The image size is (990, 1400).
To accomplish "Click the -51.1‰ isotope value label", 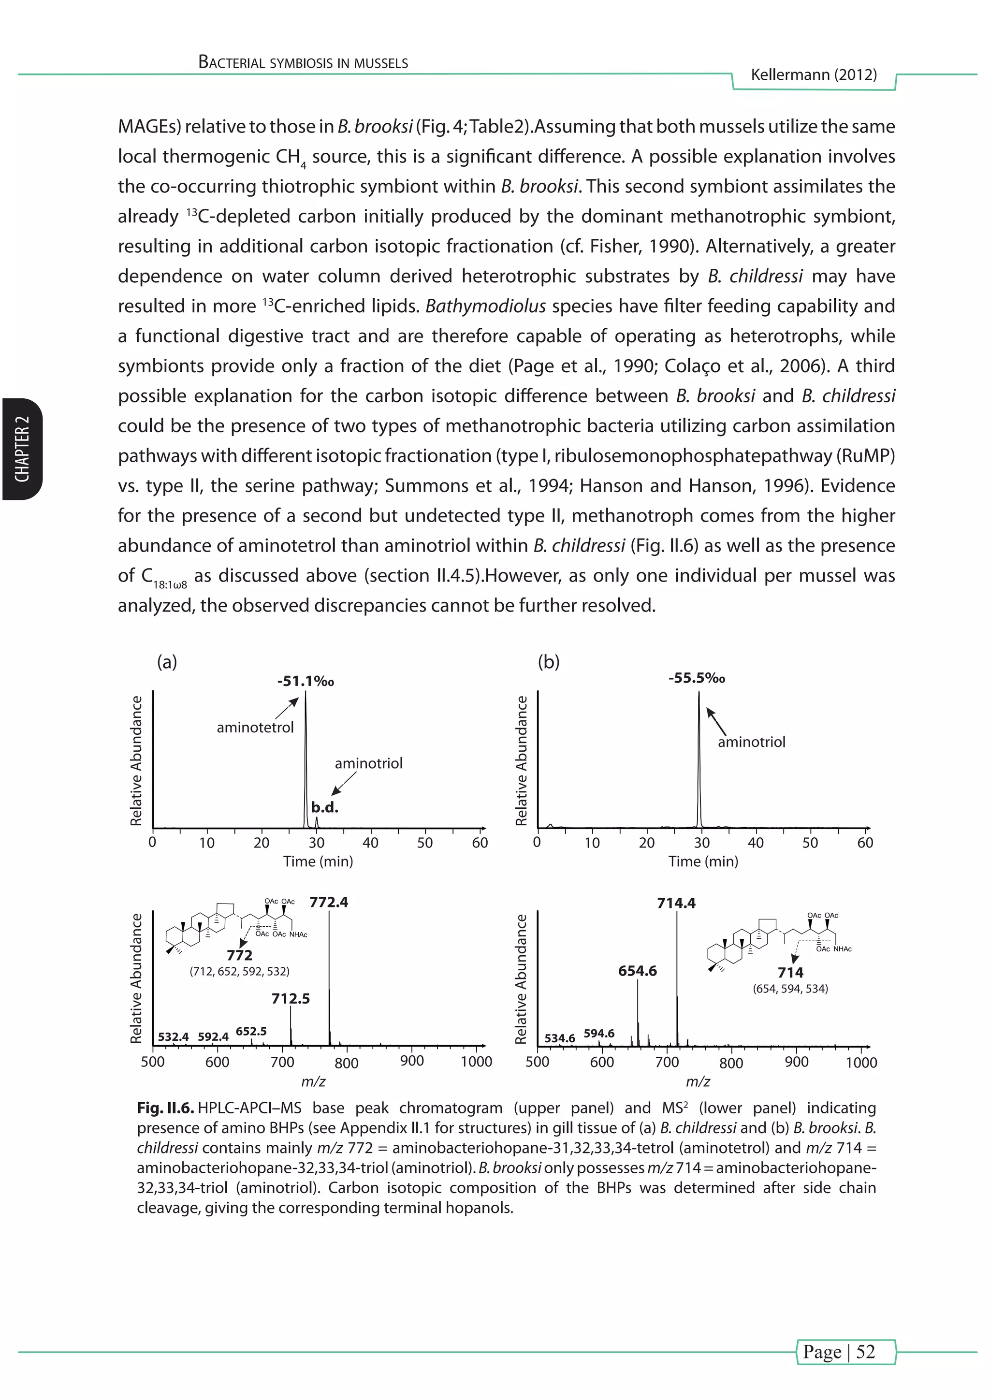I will coord(306,681).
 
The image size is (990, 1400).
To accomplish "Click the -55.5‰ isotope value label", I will coord(696,678).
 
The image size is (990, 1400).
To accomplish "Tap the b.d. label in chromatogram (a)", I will coord(324,807).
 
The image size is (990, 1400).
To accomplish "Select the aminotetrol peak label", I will coord(255,728).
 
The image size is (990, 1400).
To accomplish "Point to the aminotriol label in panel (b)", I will coord(751,742).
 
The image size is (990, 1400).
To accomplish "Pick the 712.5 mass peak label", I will coord(291,998).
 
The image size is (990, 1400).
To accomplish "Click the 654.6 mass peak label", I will coord(637,971).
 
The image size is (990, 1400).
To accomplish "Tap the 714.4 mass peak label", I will coord(676,903).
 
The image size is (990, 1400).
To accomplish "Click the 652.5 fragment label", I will coord(251,1031).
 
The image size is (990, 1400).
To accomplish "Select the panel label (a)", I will coord(167,662).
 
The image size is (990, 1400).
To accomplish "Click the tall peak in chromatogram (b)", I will coord(699,762).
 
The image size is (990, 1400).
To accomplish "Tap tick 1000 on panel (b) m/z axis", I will coord(861,1063).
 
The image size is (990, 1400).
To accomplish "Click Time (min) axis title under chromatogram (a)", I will coord(318,861).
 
